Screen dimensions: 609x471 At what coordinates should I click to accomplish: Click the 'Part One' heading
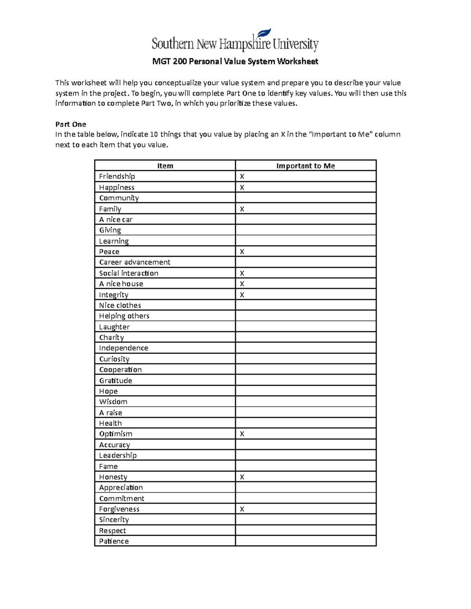(x=71, y=124)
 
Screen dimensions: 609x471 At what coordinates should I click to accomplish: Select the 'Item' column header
(x=165, y=166)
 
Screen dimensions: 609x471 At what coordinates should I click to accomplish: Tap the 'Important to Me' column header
(x=305, y=166)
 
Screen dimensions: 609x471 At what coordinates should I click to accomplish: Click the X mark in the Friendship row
(x=242, y=177)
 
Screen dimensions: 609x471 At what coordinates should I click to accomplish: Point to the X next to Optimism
(x=242, y=434)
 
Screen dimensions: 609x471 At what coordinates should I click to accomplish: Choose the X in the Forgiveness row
(x=242, y=509)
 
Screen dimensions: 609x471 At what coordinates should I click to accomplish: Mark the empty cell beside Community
(x=305, y=198)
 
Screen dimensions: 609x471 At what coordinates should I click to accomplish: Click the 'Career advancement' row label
(x=135, y=262)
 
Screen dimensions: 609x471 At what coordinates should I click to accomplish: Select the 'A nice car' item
(x=116, y=220)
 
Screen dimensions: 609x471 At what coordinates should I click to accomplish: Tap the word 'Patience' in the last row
(x=114, y=541)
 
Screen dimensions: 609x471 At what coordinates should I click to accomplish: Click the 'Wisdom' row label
(x=113, y=402)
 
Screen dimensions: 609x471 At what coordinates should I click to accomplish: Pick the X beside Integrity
(x=242, y=295)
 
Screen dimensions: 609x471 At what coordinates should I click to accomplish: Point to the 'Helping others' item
(x=124, y=316)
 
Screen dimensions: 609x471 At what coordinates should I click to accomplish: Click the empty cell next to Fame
(x=305, y=466)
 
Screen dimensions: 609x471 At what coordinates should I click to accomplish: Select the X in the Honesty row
(x=242, y=477)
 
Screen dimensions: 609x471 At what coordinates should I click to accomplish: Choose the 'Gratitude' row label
(x=115, y=380)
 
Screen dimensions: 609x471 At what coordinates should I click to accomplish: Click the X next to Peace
(x=242, y=252)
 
